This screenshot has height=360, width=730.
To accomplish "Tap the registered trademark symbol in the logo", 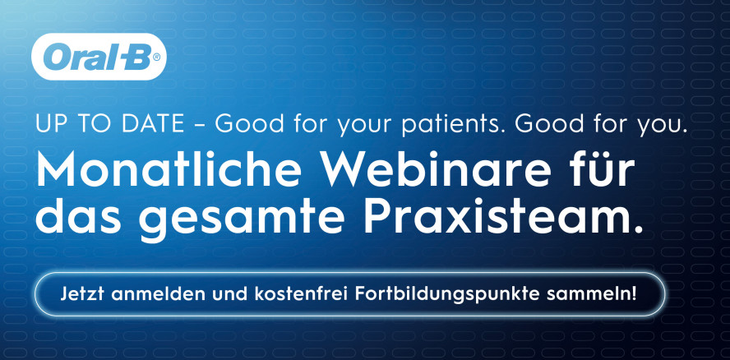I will tap(156, 58).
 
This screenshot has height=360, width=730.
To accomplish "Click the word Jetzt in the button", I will tap(81, 294).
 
